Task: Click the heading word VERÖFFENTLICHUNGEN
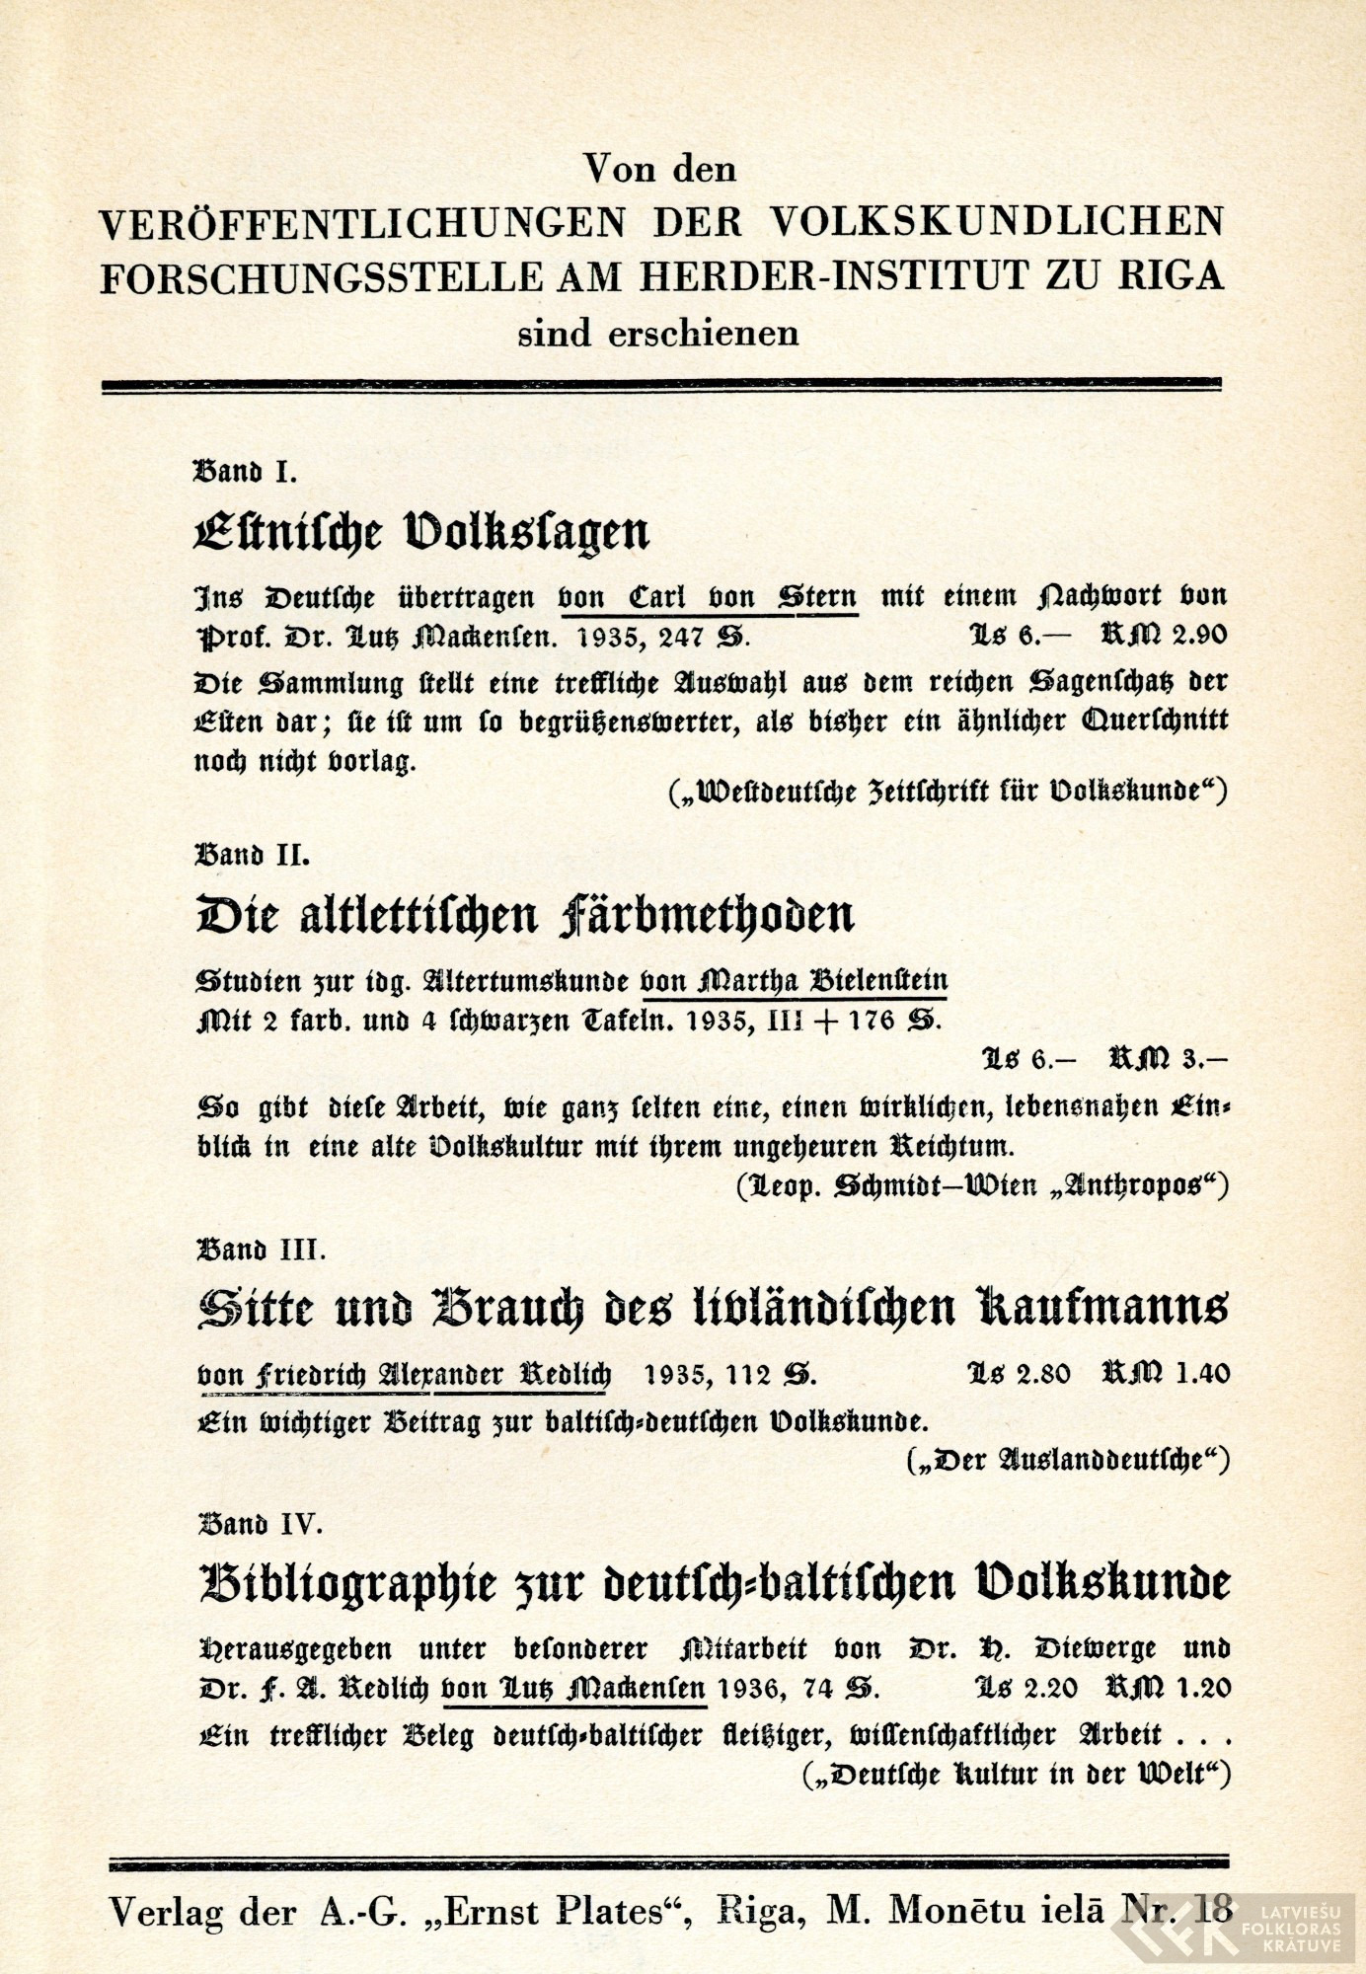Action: point(363,222)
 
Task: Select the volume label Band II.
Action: point(253,854)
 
